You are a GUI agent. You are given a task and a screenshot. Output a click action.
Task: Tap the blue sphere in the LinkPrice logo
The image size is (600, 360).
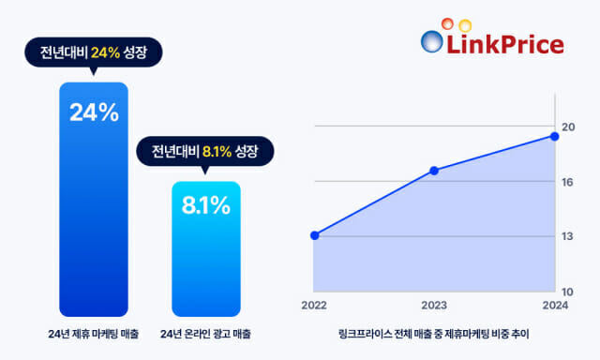point(432,42)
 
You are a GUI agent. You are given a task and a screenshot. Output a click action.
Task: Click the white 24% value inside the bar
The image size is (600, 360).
point(93,112)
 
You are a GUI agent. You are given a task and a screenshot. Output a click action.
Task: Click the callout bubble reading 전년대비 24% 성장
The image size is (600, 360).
point(93,53)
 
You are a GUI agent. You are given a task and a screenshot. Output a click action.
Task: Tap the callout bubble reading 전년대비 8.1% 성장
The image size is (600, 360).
point(206,149)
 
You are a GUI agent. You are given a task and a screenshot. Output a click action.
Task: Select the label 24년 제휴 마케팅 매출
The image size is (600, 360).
point(93,334)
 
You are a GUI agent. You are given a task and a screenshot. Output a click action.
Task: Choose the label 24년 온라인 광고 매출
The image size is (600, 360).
point(206,334)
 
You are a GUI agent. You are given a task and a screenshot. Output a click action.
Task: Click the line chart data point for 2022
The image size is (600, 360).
point(314,235)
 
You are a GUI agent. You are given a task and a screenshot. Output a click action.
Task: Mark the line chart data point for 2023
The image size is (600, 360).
point(434,171)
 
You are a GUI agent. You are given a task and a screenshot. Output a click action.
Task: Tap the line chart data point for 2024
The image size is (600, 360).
point(554,136)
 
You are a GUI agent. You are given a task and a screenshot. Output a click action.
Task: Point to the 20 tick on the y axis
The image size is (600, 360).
point(567,127)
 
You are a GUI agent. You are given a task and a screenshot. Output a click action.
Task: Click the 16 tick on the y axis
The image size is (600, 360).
point(567,182)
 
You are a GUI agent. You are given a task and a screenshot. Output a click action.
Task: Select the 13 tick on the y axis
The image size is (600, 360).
point(567,236)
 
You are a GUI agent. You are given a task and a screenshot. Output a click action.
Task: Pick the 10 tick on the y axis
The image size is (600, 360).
point(567,292)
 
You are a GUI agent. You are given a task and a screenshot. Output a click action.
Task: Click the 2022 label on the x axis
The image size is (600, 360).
point(314,307)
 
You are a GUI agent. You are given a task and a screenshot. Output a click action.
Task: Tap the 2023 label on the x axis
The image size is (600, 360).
point(434,307)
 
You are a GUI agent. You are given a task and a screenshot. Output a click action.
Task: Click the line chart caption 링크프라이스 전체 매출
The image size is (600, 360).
point(434,334)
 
